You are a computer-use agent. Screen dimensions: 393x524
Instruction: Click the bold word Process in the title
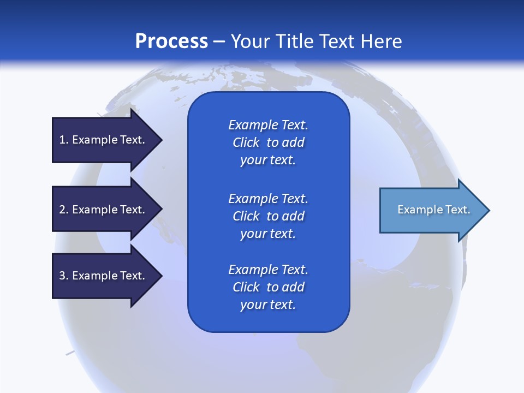(x=171, y=41)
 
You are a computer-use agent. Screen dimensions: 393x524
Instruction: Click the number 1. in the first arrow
(x=64, y=140)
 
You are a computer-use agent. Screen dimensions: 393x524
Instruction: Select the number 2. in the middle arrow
(x=64, y=210)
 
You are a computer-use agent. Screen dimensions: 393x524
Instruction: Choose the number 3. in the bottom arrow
(x=64, y=276)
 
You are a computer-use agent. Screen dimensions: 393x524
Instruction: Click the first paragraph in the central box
(x=268, y=142)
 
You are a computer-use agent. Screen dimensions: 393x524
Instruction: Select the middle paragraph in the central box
(x=268, y=216)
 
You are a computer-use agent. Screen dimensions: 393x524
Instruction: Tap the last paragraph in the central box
(x=268, y=287)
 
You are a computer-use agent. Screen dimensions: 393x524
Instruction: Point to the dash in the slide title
(x=219, y=42)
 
